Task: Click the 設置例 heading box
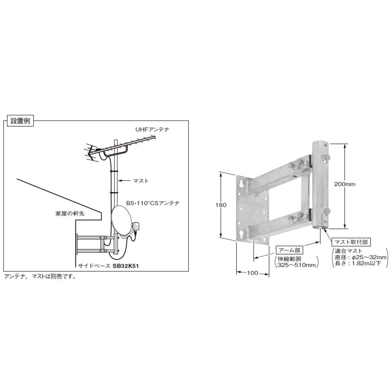point(20,122)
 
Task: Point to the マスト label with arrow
point(141,180)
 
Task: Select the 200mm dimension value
point(345,184)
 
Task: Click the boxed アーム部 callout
point(289,250)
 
